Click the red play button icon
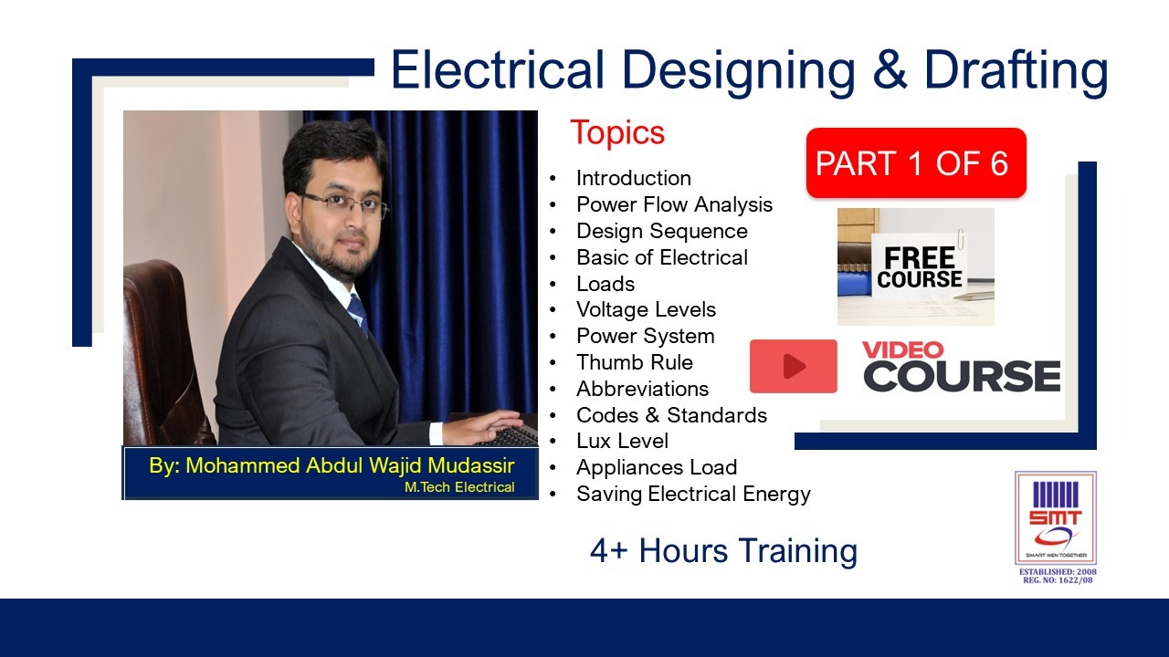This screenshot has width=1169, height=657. [793, 366]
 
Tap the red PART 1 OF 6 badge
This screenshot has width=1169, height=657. [915, 163]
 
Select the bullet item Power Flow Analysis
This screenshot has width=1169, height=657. [674, 204]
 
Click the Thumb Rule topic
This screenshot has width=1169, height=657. [634, 362]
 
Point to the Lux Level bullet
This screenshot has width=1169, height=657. [622, 441]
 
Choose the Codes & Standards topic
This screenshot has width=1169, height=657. [671, 415]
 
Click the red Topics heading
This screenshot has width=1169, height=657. [617, 133]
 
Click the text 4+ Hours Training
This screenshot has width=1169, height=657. [723, 551]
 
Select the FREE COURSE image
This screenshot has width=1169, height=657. [915, 266]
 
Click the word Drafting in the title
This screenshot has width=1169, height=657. [1016, 70]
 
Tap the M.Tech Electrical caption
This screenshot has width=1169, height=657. [459, 487]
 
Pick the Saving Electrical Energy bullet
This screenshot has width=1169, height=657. [693, 494]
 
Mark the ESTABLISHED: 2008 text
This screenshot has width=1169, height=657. [1058, 572]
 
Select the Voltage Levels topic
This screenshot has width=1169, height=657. [646, 309]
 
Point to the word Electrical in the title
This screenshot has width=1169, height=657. [499, 70]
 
